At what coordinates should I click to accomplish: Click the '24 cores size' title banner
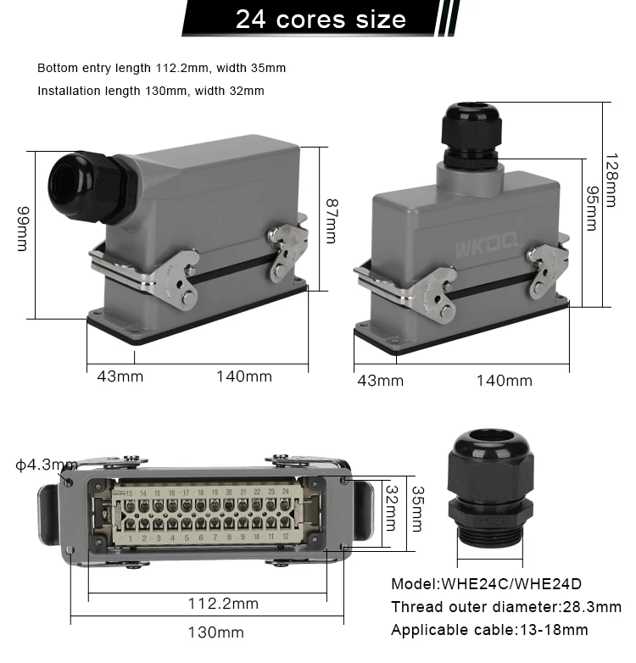click(x=320, y=19)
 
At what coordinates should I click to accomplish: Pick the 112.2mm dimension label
click(x=223, y=604)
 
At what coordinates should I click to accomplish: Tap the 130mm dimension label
click(x=215, y=632)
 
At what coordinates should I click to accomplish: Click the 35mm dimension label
click(x=416, y=509)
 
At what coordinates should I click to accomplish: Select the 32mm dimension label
click(x=392, y=506)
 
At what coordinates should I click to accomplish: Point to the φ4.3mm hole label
click(x=46, y=465)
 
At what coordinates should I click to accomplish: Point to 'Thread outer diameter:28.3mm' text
click(x=505, y=607)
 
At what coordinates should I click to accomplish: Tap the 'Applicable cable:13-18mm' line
click(x=489, y=630)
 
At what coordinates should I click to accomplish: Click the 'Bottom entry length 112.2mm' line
click(x=161, y=68)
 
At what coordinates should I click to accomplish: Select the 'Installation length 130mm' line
click(x=151, y=91)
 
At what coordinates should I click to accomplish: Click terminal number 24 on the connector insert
click(x=285, y=492)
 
